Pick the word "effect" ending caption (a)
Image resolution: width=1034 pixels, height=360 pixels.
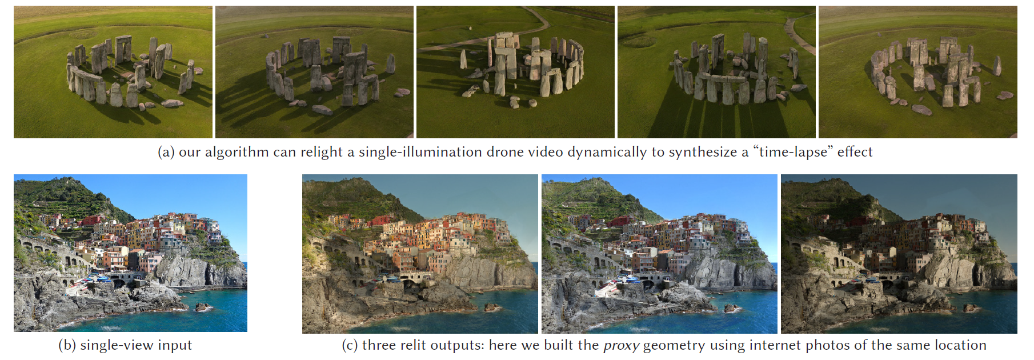(855, 152)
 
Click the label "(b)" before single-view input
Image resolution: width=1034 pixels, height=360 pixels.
(67, 345)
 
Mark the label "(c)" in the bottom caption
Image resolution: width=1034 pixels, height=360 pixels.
(350, 345)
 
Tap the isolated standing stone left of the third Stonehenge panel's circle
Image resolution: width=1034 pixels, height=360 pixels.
(463, 59)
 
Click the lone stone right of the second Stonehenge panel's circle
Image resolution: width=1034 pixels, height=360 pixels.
(391, 63)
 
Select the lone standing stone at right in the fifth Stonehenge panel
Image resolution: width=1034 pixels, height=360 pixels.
(997, 66)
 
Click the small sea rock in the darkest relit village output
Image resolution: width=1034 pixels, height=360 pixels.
(969, 308)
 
